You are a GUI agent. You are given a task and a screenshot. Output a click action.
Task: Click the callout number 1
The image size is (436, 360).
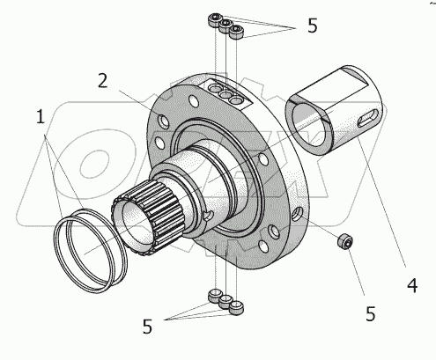coord(41,116)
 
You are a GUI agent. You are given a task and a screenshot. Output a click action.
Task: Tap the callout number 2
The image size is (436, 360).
coord(102,80)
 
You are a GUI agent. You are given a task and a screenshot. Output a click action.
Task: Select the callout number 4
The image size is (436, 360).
coord(412,285)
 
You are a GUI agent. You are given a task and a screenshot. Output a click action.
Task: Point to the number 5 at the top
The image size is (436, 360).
coord(313,26)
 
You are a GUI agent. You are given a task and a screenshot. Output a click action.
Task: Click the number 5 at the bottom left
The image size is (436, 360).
coord(147,327)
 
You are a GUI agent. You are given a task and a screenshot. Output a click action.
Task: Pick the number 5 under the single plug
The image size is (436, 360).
coord(371,313)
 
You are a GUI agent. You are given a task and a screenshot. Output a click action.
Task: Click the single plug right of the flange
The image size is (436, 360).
coord(344,242)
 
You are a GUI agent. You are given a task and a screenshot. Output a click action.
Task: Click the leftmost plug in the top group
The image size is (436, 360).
coord(214,19)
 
